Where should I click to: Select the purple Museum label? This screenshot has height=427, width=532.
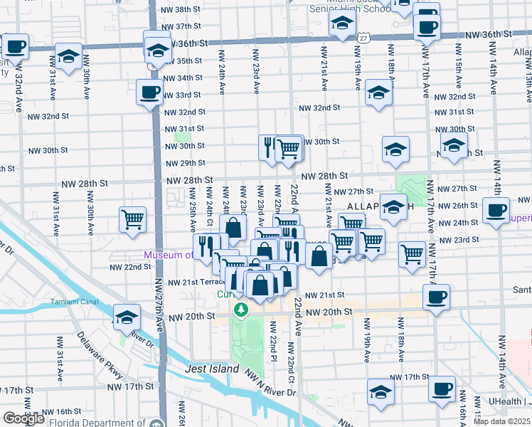pos(168,255)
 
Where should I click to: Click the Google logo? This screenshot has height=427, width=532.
pos(23,418)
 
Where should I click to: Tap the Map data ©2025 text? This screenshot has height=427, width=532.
pos(502,421)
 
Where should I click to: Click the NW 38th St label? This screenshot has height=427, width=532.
pos(182,10)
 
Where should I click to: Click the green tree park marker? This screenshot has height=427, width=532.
pos(242,310)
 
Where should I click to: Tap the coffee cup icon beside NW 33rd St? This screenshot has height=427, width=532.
pos(149,92)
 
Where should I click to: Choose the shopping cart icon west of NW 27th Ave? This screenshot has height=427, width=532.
pos(133,219)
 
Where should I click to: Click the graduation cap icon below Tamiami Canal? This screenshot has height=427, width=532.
pos(127,317)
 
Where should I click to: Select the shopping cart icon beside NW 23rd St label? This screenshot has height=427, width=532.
pos(413,253)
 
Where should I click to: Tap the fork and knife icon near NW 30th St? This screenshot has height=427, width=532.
pos(269,148)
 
